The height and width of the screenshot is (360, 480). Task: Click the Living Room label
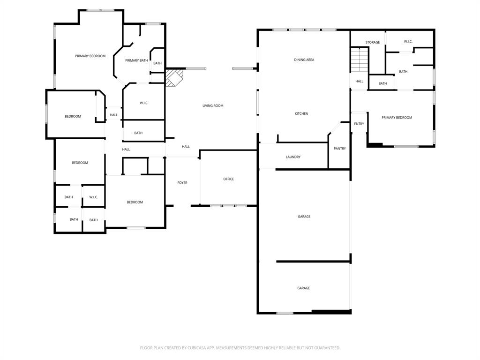coord(213,106)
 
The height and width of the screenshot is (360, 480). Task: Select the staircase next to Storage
coord(360,60)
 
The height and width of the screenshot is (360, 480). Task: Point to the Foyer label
coord(182,183)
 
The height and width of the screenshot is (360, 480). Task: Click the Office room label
coord(228,179)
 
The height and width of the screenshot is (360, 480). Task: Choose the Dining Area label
coord(304,60)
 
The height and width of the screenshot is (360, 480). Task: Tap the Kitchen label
coord(301,114)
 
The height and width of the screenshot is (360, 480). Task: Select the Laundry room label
coord(293,157)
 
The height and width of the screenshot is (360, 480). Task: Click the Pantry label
coord(339,149)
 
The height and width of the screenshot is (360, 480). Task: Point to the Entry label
coord(359,124)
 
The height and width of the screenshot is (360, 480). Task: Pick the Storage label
coord(373,43)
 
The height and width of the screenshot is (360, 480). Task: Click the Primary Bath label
coord(136,60)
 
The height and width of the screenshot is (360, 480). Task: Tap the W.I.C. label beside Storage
coord(408,42)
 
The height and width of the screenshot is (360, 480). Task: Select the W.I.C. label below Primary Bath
coord(144,103)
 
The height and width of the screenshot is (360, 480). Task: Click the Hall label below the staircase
coord(359,82)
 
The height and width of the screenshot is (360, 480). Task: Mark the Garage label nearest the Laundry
coord(304,217)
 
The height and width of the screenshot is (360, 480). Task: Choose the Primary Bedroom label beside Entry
coord(397,118)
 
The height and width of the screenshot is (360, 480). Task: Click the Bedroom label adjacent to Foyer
coord(135,202)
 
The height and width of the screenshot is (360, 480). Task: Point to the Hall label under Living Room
coord(186,147)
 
